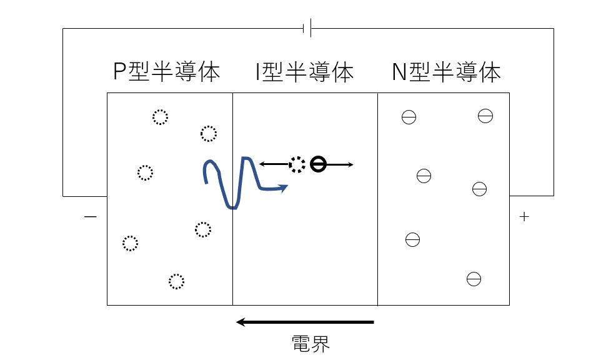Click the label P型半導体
point(166,72)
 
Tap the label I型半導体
point(304,72)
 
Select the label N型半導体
point(446,72)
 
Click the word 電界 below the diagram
point(310,344)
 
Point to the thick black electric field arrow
point(305,322)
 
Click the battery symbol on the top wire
point(307,28)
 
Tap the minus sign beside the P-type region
point(91,216)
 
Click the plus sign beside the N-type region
point(524,216)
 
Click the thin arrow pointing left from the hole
point(274,164)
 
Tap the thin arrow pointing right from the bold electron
point(340,164)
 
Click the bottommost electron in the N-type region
point(474,279)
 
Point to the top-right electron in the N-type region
point(485,116)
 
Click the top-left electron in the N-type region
point(409,117)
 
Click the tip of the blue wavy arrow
point(288,186)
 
